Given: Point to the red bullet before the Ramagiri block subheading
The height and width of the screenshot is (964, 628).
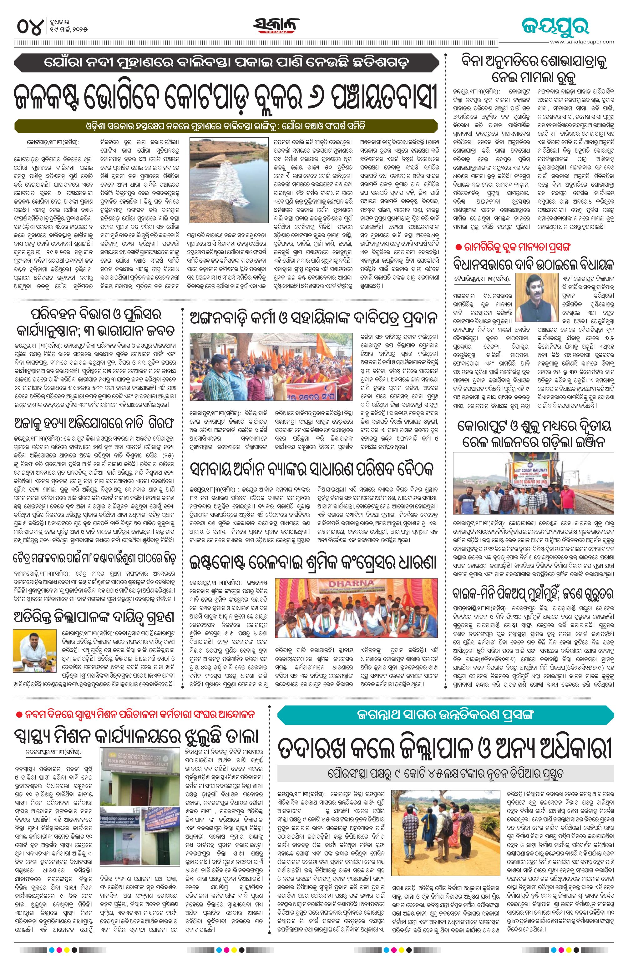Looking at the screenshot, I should click(x=458, y=247).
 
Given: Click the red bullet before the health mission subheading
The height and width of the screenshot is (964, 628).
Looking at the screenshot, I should click(x=18, y=714).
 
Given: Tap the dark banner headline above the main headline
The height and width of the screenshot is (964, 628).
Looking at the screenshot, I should click(x=226, y=63).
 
